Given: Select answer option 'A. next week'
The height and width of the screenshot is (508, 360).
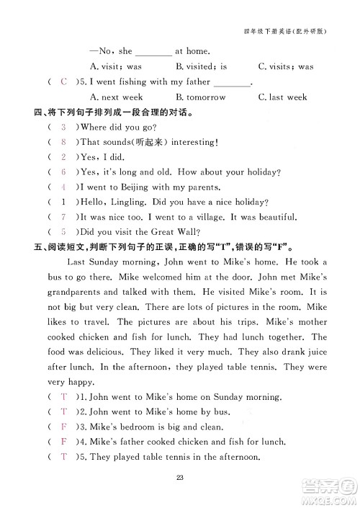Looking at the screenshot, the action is pyautogui.click(x=117, y=97).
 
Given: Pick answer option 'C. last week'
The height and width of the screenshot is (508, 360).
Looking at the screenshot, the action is pyautogui.click(x=282, y=97).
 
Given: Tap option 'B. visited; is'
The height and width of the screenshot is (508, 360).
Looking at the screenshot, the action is pyautogui.click(x=201, y=66).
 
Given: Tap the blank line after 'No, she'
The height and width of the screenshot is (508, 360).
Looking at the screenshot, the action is pyautogui.click(x=153, y=52).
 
